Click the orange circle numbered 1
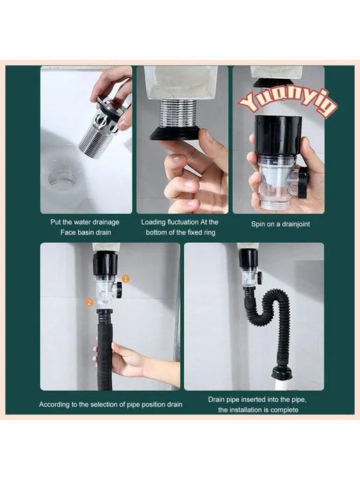pos(126,278)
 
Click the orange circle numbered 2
pos(89,303)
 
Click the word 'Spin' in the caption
pos(258,224)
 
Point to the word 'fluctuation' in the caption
pos(183,222)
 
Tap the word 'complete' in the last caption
pos(284,410)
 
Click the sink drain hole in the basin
pos(63,177)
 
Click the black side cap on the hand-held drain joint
pos(303,182)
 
